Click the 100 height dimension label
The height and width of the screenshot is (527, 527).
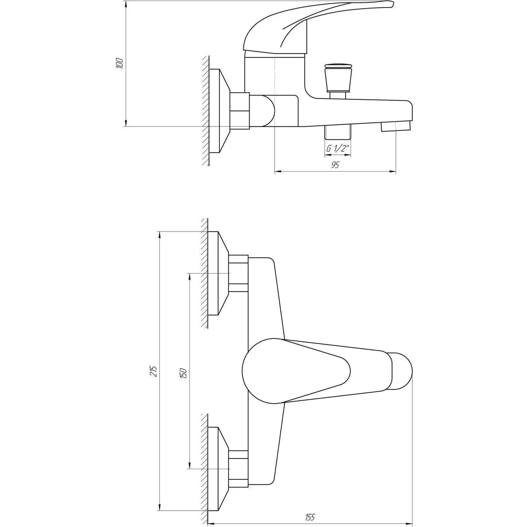click(x=120, y=63)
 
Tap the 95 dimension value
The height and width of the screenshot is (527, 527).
click(x=335, y=165)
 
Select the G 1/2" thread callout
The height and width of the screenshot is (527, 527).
click(x=338, y=149)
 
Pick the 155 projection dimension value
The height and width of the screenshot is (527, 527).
click(x=309, y=509)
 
